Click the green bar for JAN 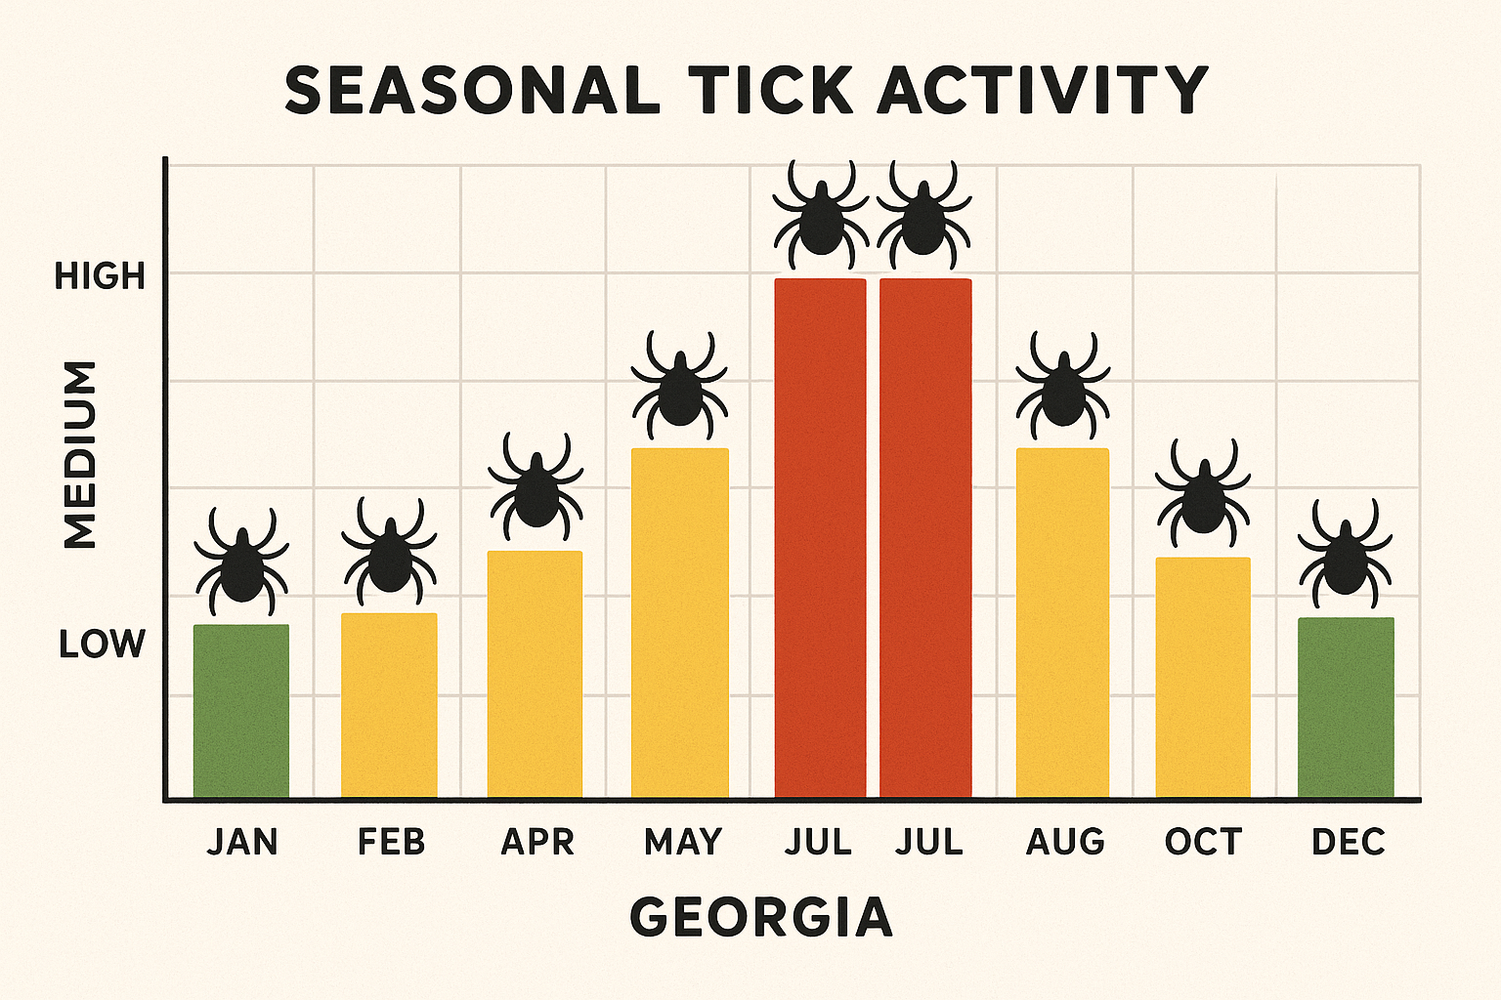(241, 711)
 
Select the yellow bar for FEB (389, 705)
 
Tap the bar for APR (536, 674)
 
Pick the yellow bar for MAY (680, 623)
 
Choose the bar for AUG (1063, 623)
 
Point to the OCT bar (1203, 678)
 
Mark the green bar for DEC (1346, 707)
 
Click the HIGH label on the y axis (100, 276)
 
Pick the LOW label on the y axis (102, 645)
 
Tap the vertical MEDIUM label (80, 454)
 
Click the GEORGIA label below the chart (761, 917)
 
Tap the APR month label (537, 842)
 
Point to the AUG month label (1065, 842)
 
